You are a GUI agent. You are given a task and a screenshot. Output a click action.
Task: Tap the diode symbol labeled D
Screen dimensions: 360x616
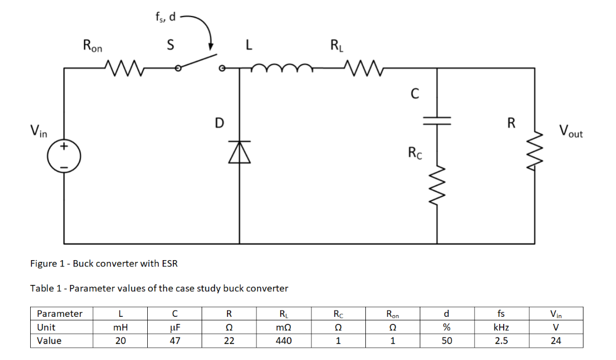tap(239, 152)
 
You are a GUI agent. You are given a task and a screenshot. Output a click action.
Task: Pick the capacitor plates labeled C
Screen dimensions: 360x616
tap(437, 120)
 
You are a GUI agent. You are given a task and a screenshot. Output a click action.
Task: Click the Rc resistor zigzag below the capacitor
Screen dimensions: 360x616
tap(437, 184)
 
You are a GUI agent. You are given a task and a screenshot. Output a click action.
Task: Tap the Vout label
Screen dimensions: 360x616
tap(570, 131)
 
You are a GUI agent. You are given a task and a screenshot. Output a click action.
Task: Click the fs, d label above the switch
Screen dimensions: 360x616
tap(165, 17)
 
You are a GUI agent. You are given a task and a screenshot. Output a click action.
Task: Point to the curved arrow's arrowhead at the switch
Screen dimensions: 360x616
tap(210, 47)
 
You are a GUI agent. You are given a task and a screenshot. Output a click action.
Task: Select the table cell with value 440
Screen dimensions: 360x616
tap(283, 340)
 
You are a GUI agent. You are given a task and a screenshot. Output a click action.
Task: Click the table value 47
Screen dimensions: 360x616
tap(175, 340)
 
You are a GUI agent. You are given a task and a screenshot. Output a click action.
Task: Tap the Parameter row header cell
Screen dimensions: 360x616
tap(60, 313)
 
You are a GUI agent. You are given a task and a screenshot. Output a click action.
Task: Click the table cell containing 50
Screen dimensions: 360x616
tap(447, 340)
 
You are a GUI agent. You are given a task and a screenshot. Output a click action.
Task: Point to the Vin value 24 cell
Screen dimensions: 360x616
tap(556, 340)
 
